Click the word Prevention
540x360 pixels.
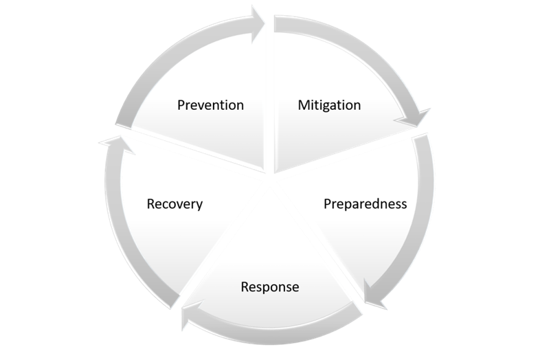pos(210,105)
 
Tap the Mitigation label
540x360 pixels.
pos(329,105)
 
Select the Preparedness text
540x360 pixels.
pos(365,204)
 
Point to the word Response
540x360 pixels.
pos(270,286)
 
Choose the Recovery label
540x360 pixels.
pos(175,204)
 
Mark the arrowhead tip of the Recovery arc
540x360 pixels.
pos(111,140)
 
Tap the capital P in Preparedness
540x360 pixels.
pos(327,204)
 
